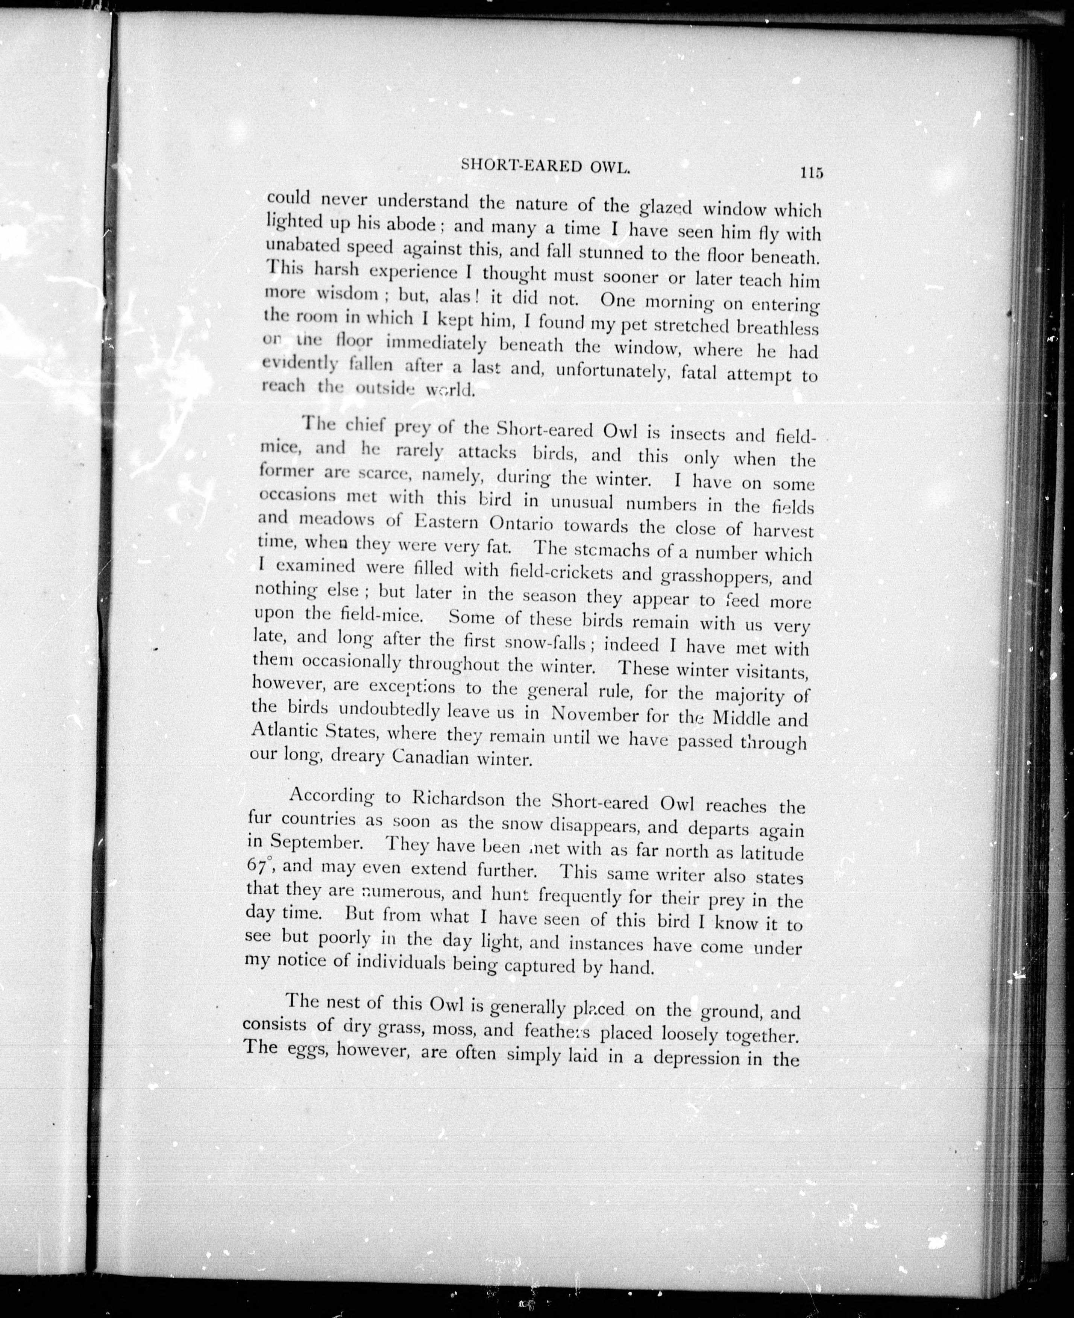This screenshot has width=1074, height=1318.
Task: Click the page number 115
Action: pos(810,173)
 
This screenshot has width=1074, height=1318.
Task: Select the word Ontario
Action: pos(520,524)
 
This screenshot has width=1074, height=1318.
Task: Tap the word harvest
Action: pos(784,531)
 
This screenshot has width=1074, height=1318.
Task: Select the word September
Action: pos(317,842)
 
